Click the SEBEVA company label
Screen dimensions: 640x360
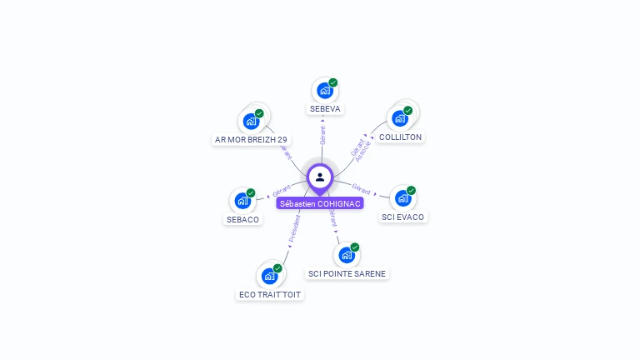point(325,108)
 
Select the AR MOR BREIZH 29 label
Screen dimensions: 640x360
point(251,139)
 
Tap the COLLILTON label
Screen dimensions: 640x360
point(400,137)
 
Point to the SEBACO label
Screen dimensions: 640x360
point(242,219)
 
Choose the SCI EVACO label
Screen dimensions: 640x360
point(402,217)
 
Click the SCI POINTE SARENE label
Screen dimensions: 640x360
point(347,273)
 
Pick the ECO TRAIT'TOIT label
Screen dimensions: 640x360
point(270,294)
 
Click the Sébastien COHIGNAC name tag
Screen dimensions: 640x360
point(320,203)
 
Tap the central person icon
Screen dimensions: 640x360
point(320,177)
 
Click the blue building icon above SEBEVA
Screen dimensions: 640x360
point(324,90)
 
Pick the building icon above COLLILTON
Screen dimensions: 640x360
point(400,118)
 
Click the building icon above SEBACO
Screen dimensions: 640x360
point(242,201)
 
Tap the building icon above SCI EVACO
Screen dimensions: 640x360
point(402,198)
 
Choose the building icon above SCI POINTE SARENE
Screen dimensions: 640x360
point(346,255)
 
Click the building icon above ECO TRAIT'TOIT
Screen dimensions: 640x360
point(269,276)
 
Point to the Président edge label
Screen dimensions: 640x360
point(293,228)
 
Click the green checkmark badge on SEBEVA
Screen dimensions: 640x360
point(333,82)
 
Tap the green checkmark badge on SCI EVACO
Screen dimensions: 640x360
point(412,191)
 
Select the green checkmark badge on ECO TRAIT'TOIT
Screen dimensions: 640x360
point(278,268)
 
